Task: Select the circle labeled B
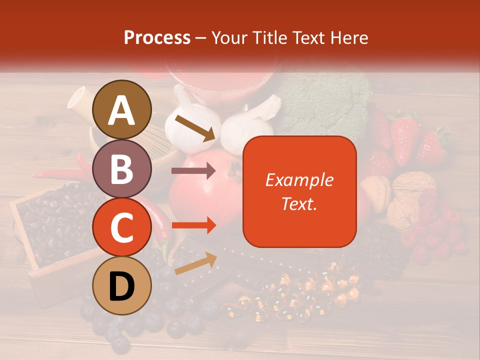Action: pos(122,168)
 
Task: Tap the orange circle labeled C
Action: pos(122,227)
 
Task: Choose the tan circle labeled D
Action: pos(122,285)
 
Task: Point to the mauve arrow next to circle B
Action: pos(193,171)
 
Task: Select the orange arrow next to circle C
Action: pos(193,225)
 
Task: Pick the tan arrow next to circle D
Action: pos(195,264)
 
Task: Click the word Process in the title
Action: pos(157,37)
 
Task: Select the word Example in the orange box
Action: pos(299,180)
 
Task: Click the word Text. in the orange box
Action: pos(299,203)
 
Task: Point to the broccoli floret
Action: pos(325,100)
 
